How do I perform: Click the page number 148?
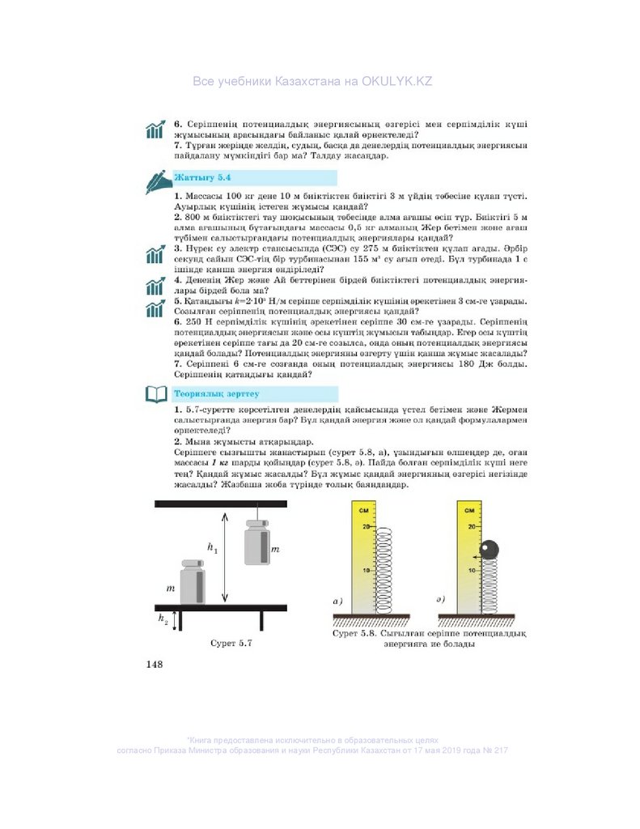click(x=155, y=665)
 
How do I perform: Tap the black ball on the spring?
click(x=490, y=550)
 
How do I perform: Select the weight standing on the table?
click(x=192, y=582)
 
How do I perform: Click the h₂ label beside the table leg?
click(x=163, y=619)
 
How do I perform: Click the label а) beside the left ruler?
click(x=338, y=602)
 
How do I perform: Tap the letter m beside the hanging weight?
click(x=275, y=549)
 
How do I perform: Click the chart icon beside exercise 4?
click(x=155, y=286)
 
